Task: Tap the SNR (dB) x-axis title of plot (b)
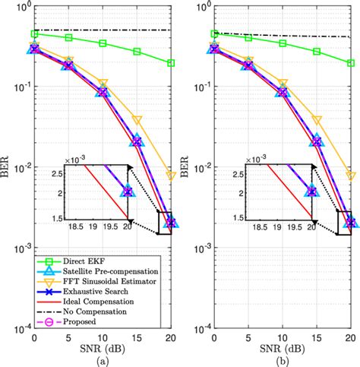click(283, 346)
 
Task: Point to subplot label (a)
click(103, 359)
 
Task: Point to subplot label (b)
click(283, 359)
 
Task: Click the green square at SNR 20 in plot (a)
click(171, 63)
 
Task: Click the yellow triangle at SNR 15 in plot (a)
click(137, 120)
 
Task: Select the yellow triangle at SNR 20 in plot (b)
click(351, 176)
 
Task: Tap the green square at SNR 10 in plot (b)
click(283, 43)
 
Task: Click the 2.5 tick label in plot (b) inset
click(235, 174)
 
